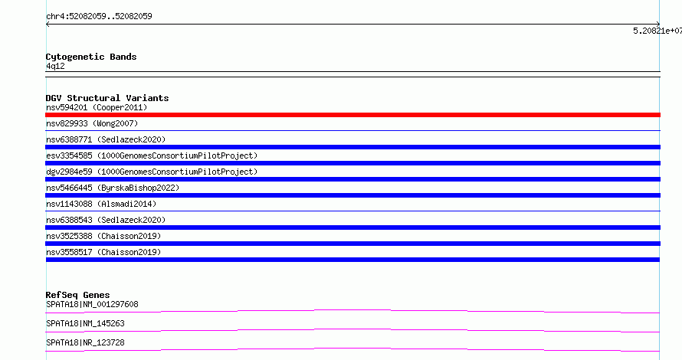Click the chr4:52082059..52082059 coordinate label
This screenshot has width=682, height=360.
pyautogui.click(x=99, y=17)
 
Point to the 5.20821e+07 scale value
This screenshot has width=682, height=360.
pyautogui.click(x=657, y=31)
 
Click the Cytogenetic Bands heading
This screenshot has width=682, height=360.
pyautogui.click(x=91, y=57)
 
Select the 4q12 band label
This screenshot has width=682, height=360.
pyautogui.click(x=55, y=66)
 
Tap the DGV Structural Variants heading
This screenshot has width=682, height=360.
pyautogui.click(x=107, y=98)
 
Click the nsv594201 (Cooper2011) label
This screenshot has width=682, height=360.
pyautogui.click(x=97, y=107)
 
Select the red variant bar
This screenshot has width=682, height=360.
pyautogui.click(x=352, y=115)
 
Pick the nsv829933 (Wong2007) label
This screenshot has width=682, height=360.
pyautogui.click(x=92, y=123)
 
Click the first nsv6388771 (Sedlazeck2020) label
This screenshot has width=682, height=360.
pyautogui.click(x=106, y=139)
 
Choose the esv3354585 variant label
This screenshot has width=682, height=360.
pyautogui.click(x=152, y=155)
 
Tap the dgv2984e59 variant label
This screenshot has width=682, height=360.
pyautogui.click(x=152, y=172)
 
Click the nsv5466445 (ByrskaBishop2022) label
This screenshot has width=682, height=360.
pyautogui.click(x=113, y=188)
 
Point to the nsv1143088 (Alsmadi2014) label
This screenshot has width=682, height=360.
pyautogui.click(x=101, y=204)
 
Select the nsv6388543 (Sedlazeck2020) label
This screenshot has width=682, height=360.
pyautogui.click(x=106, y=220)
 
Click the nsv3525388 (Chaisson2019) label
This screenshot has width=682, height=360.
pyautogui.click(x=103, y=236)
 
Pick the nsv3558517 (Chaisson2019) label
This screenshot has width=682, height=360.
pyautogui.click(x=103, y=252)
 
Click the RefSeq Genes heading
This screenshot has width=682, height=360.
pyautogui.click(x=77, y=295)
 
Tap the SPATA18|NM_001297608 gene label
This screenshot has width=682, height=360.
pyautogui.click(x=92, y=304)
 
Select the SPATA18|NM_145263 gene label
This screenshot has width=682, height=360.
pyautogui.click(x=85, y=323)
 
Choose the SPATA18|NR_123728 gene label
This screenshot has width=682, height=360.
pyautogui.click(x=85, y=342)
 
